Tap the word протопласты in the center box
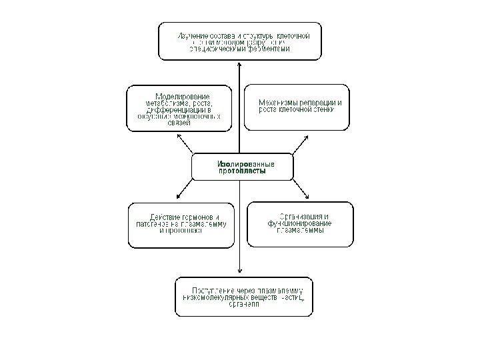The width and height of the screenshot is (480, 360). pyautogui.click(x=241, y=171)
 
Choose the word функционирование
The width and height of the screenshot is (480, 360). pyautogui.click(x=299, y=224)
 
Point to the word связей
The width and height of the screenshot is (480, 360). pyautogui.click(x=178, y=123)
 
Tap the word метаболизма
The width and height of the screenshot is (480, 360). pyautogui.click(x=167, y=103)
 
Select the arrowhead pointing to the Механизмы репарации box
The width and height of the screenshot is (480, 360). pyautogui.click(x=305, y=137)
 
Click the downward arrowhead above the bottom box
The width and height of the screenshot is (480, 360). pyautogui.click(x=239, y=270)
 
